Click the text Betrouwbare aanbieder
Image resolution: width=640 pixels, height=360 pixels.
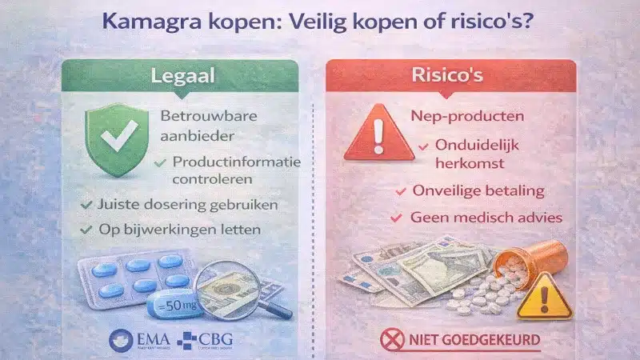point(201,126)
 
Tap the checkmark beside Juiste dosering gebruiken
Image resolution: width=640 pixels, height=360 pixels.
point(86,206)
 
